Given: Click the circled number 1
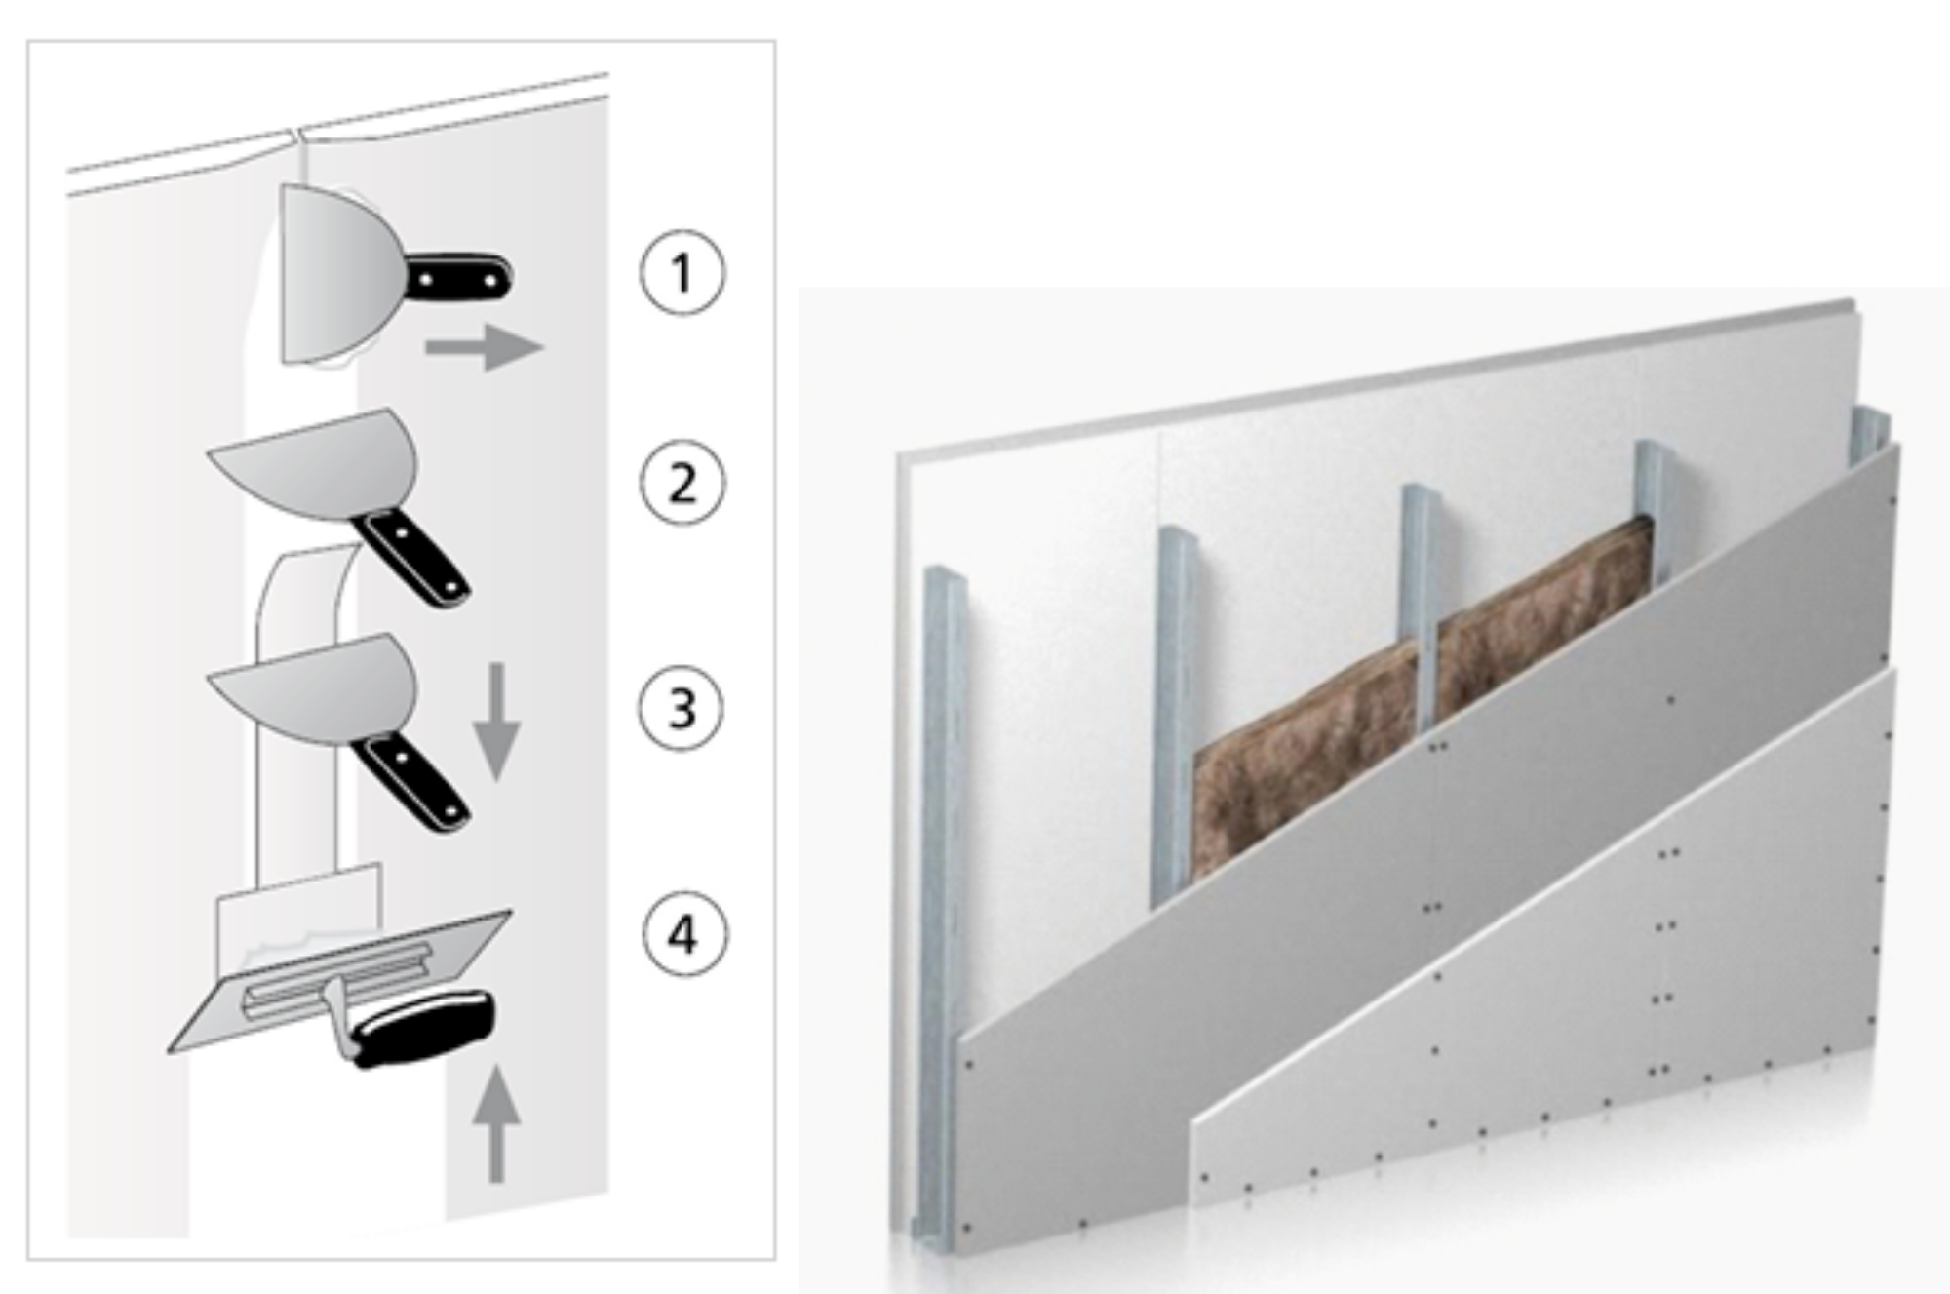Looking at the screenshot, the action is tap(682, 272).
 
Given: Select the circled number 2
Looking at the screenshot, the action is tap(682, 483).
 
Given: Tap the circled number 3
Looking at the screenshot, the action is tap(682, 707).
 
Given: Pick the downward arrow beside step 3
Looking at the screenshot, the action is tap(496, 722).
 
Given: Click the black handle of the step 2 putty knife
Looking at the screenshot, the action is tap(410, 556).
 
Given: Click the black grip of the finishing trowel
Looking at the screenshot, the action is tap(421, 1029).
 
